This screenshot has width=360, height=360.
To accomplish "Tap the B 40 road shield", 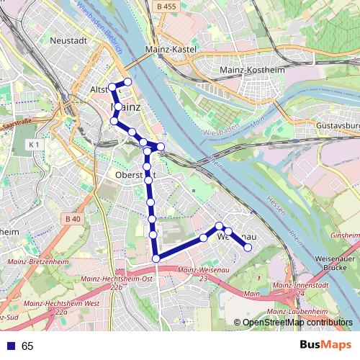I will (x=72, y=218).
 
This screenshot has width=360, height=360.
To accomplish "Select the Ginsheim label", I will (x=344, y=235).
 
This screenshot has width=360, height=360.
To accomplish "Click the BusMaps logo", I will (x=325, y=346).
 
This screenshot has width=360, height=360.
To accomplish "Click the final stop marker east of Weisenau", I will (x=248, y=248).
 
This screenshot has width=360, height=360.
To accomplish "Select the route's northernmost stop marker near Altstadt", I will (x=128, y=81).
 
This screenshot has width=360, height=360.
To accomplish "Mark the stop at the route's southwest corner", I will (x=156, y=258).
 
